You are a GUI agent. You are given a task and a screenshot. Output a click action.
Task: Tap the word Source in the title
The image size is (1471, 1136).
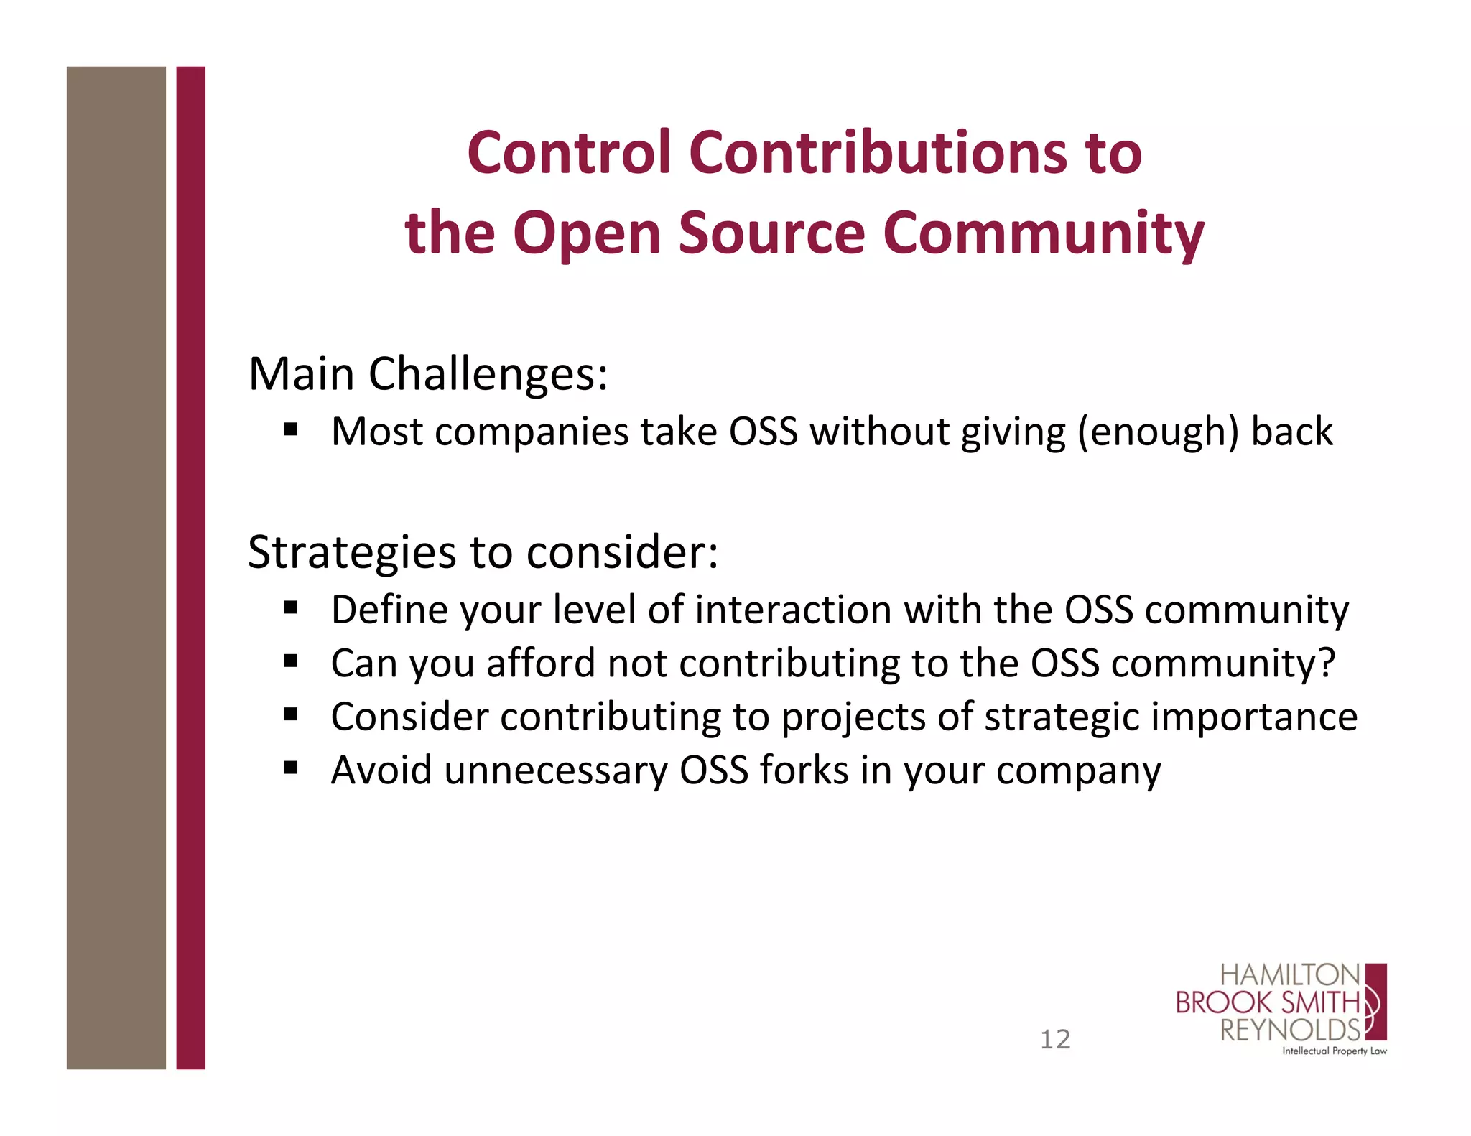(x=772, y=233)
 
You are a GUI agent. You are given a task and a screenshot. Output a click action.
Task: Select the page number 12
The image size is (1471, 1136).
(x=1055, y=1039)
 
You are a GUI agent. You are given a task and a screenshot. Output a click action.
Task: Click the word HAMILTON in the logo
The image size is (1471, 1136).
(x=1290, y=976)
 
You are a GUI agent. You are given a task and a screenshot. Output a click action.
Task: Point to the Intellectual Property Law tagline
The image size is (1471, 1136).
(x=1335, y=1051)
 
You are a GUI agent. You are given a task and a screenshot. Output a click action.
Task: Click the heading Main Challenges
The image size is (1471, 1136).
(x=428, y=374)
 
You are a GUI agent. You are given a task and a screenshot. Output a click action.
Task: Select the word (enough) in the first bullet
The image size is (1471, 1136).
(x=1158, y=432)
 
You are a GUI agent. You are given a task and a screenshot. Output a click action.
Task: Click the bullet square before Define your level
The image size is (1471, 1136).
(x=291, y=608)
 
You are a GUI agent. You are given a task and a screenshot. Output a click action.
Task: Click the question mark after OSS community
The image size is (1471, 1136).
(x=1327, y=663)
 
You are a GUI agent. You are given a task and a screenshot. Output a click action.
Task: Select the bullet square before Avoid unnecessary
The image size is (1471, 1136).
(x=291, y=768)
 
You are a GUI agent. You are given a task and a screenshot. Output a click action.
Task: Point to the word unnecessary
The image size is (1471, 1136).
(x=555, y=771)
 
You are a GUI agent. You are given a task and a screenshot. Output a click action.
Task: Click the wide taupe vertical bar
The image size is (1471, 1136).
(x=116, y=567)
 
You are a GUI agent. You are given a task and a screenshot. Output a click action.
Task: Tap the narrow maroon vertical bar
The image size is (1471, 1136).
(x=190, y=567)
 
